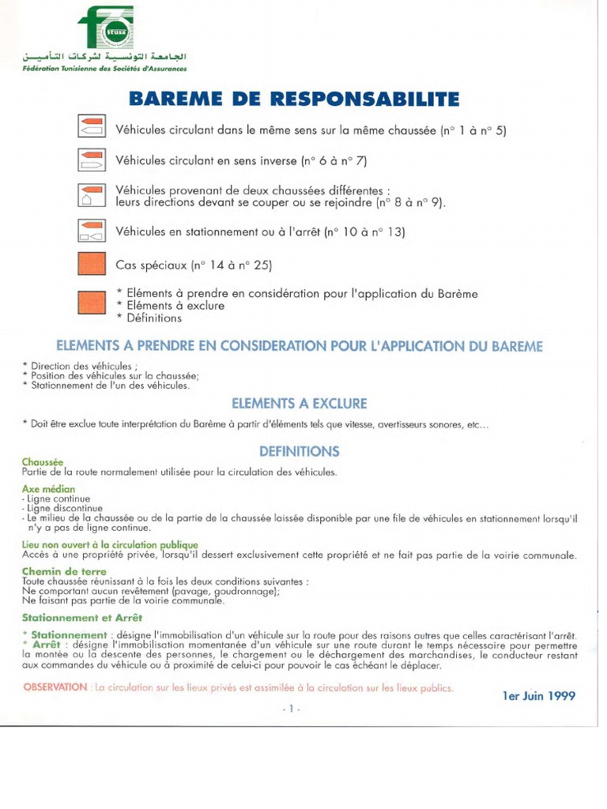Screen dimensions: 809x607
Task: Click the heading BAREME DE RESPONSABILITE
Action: (x=293, y=100)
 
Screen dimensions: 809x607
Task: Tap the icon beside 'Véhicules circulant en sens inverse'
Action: (x=92, y=160)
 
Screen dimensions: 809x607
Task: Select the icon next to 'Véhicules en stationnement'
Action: (x=92, y=231)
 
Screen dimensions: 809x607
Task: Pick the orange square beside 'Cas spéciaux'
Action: (x=92, y=264)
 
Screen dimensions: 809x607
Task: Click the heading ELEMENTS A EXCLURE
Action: (x=299, y=403)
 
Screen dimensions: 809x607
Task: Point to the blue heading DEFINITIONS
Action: (x=299, y=451)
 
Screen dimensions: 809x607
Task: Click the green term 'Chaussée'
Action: (x=43, y=462)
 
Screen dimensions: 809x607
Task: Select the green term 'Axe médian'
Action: (x=48, y=489)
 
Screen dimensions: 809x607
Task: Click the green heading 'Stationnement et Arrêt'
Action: (x=82, y=617)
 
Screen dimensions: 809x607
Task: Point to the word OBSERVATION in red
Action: (x=55, y=687)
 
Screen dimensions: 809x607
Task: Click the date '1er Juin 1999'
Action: (x=538, y=696)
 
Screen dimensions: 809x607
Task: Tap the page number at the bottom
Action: (x=291, y=709)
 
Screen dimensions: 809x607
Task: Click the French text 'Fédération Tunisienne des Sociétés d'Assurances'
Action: (x=104, y=70)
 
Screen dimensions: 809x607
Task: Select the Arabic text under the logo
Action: (x=104, y=58)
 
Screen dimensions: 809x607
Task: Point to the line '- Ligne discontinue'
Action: (x=58, y=508)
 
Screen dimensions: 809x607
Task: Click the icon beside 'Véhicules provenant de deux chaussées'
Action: (x=92, y=196)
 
